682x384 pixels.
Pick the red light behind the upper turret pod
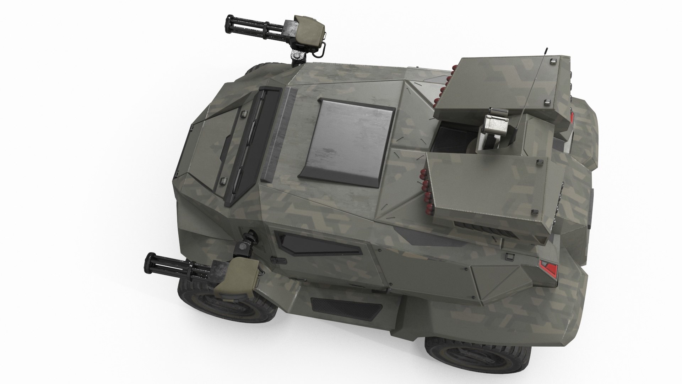tap(572, 116)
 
